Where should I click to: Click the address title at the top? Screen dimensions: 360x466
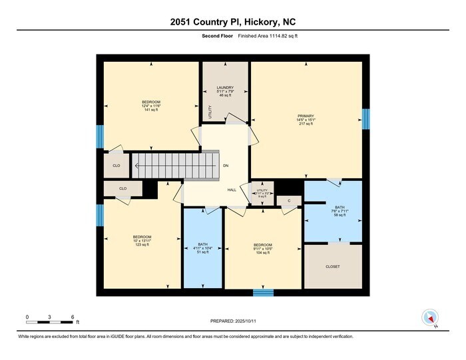(x=232, y=22)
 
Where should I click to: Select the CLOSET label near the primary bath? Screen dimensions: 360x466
(x=333, y=267)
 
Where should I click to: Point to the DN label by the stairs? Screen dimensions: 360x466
(x=226, y=165)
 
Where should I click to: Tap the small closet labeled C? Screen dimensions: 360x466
(x=289, y=200)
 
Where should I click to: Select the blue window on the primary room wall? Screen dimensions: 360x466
(x=365, y=120)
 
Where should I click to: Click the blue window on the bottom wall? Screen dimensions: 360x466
(x=263, y=292)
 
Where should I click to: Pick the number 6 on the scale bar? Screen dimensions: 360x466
(x=72, y=316)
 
